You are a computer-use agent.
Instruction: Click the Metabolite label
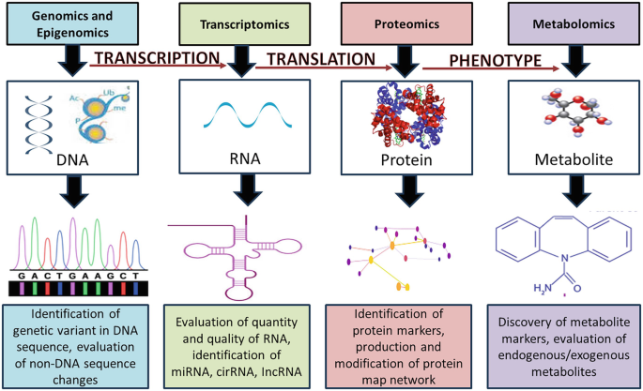566,159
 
